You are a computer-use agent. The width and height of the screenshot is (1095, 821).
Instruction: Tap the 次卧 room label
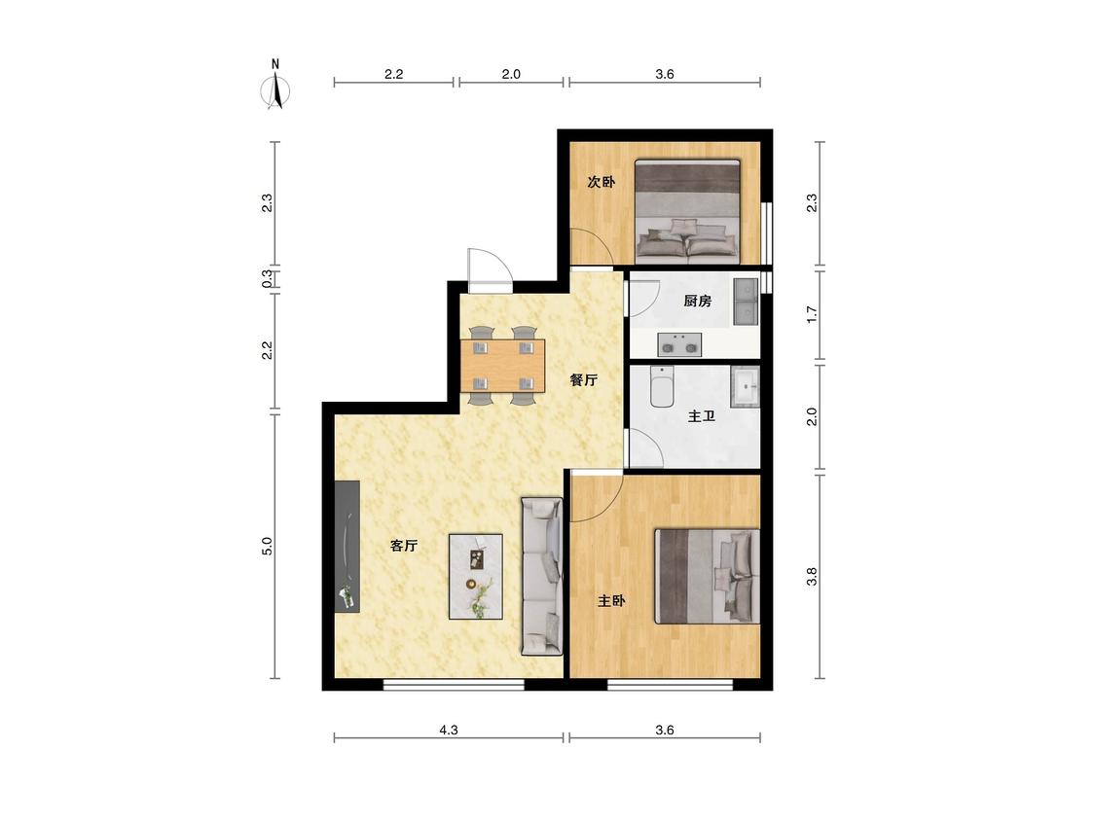click(x=602, y=182)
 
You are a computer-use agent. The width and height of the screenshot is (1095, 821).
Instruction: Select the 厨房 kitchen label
click(x=698, y=301)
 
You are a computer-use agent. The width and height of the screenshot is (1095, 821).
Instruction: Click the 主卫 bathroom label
click(x=702, y=416)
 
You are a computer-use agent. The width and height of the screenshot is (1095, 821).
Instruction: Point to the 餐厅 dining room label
click(x=584, y=379)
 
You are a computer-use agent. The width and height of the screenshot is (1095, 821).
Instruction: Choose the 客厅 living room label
click(x=404, y=546)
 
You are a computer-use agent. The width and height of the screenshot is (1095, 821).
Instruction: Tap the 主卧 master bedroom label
click(x=612, y=600)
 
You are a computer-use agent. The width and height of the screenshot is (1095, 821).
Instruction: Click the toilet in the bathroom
click(x=661, y=386)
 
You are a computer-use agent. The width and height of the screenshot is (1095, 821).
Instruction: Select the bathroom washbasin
click(x=746, y=387)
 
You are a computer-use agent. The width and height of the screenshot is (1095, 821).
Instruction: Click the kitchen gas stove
click(x=679, y=345)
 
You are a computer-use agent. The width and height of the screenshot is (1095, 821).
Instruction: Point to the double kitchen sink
click(x=746, y=302)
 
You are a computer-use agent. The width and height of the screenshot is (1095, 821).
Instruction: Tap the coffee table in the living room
click(x=476, y=577)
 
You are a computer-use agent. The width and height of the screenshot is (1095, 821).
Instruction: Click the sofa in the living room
click(x=542, y=576)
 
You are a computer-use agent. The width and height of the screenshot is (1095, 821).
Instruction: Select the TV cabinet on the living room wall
click(x=347, y=546)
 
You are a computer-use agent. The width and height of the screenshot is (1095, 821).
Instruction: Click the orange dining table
click(x=503, y=365)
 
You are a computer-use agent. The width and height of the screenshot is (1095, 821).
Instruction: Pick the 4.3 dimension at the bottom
click(x=449, y=730)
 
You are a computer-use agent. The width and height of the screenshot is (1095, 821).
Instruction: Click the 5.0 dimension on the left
click(x=267, y=546)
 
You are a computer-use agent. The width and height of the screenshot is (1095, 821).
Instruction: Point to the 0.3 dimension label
click(x=267, y=279)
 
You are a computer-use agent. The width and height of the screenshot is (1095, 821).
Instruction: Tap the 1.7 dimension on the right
click(x=812, y=315)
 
